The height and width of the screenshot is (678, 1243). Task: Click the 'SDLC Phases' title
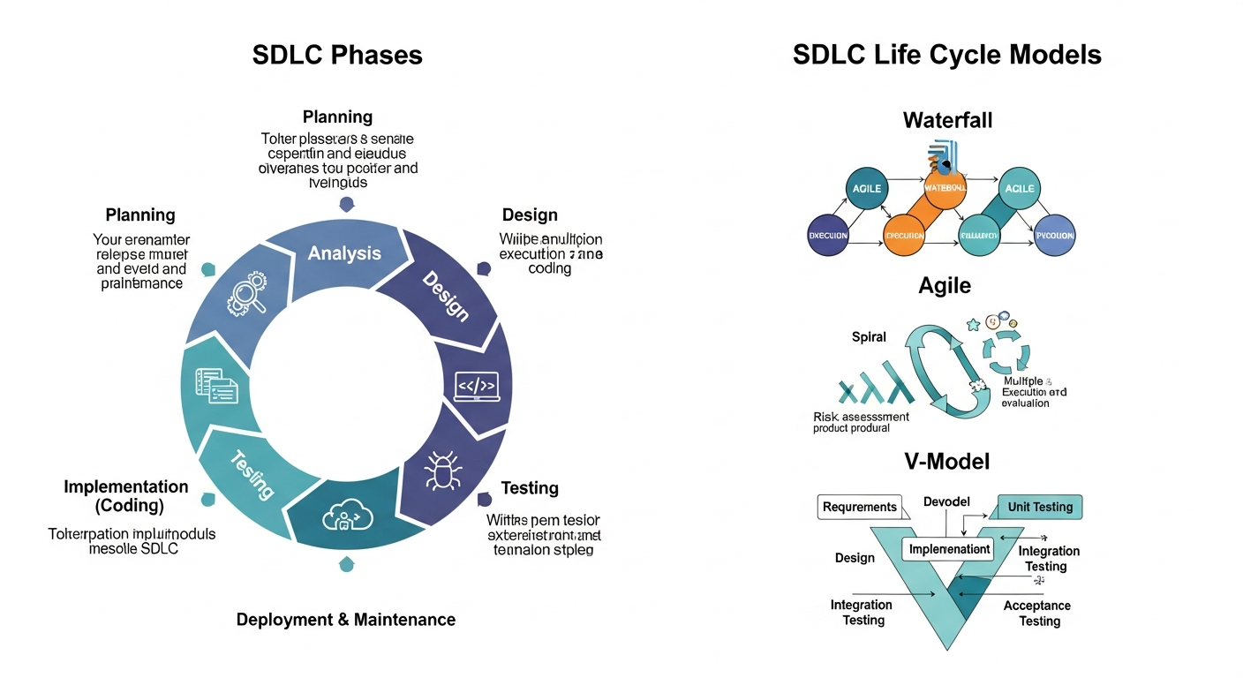point(337,55)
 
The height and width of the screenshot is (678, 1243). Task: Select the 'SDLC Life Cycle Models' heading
point(946,55)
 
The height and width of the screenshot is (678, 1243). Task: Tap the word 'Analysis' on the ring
point(344,253)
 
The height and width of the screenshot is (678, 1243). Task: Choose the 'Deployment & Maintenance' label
point(346,620)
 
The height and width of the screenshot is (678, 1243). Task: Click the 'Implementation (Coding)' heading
point(126,496)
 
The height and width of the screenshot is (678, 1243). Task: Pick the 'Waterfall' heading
point(947,120)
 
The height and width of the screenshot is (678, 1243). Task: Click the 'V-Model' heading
point(946,461)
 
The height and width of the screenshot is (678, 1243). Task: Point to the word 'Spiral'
point(869,337)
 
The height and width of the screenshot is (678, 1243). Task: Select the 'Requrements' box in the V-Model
point(859,507)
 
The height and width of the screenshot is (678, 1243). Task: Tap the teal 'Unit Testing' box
point(1039,507)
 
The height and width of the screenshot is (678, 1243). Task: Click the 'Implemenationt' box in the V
point(947,549)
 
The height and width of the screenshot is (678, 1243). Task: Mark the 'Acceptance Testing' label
point(1038,614)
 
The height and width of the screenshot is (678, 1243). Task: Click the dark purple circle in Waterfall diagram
point(828,236)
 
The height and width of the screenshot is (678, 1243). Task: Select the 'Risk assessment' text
point(861,416)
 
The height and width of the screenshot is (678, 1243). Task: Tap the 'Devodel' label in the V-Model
point(946,501)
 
